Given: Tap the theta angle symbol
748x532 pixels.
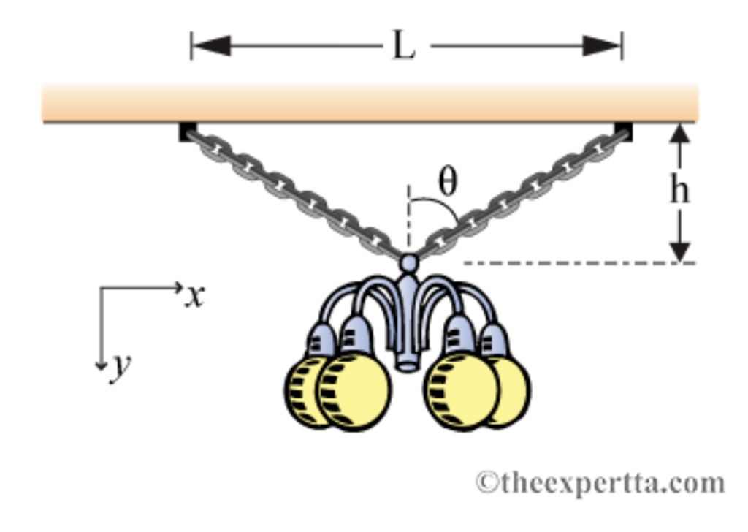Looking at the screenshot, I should [446, 183].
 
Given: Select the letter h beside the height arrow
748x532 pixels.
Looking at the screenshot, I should [679, 191].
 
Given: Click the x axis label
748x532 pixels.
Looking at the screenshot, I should [194, 296].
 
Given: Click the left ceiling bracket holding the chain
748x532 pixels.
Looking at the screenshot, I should [187, 132].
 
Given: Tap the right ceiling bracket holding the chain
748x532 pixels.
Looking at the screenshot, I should [624, 131].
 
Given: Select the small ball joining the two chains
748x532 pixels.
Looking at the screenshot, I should [409, 262].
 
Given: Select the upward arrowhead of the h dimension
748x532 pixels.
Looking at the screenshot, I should [680, 135].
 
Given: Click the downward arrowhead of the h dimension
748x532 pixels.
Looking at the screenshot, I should [680, 251].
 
